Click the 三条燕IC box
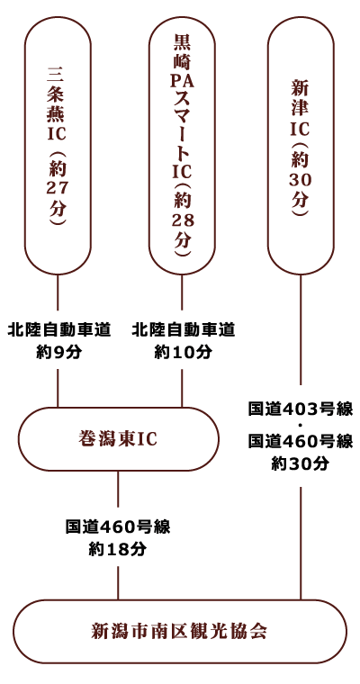58,146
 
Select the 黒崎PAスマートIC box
182,146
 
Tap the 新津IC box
301,146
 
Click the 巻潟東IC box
118,439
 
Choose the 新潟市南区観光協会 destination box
180,631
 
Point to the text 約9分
58,353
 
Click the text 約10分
184,353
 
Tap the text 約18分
117,550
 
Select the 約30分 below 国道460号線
301,464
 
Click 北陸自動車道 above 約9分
58,330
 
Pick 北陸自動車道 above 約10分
184,330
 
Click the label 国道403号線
301,409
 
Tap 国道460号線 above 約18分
117,527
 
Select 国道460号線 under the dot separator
301,442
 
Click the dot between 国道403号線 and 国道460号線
301,427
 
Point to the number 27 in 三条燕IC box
58,187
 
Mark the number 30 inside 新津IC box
301,179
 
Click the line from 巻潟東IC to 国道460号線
118,494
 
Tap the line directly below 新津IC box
301,329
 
